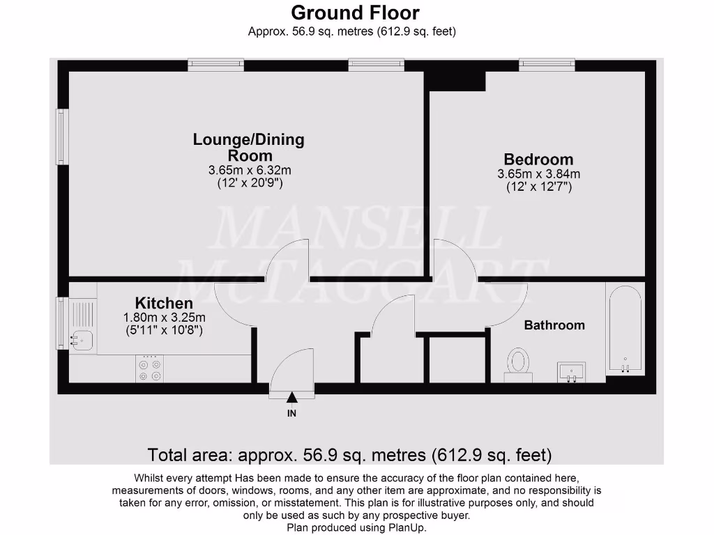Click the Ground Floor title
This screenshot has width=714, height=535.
click(x=355, y=13)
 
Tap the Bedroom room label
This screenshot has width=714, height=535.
click(x=538, y=160)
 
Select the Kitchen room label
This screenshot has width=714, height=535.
click(x=164, y=304)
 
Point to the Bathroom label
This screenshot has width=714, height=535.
click(x=554, y=325)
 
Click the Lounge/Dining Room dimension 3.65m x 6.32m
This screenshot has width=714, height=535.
click(x=249, y=170)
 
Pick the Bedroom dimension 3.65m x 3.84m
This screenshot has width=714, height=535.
click(x=538, y=173)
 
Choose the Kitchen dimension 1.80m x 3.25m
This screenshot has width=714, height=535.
click(x=164, y=318)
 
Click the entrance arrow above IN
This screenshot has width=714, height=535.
click(x=291, y=398)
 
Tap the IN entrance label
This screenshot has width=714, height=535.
click(x=291, y=414)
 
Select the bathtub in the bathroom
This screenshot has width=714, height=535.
click(x=625, y=329)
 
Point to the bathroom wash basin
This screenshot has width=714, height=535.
click(x=571, y=371)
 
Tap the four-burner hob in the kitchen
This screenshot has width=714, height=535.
click(x=150, y=369)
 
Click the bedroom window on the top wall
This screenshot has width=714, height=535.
click(x=547, y=65)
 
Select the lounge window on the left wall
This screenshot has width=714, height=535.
click(x=63, y=137)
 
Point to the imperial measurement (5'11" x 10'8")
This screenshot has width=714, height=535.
click(x=164, y=331)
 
